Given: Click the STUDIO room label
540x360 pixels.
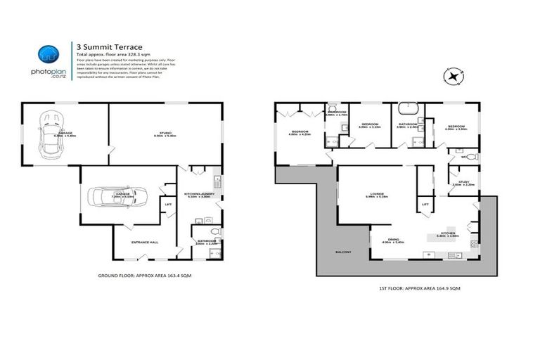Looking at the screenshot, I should click(x=166, y=133).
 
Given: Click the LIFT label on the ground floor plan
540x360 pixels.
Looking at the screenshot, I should click(x=168, y=205).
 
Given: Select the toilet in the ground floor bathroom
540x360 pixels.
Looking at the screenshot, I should click(x=214, y=231).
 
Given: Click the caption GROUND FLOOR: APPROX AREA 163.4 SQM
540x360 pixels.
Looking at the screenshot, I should click(x=143, y=276).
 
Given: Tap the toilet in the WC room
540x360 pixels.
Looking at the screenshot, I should click(x=471, y=157).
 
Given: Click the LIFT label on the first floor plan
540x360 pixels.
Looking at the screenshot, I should click(x=425, y=205).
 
